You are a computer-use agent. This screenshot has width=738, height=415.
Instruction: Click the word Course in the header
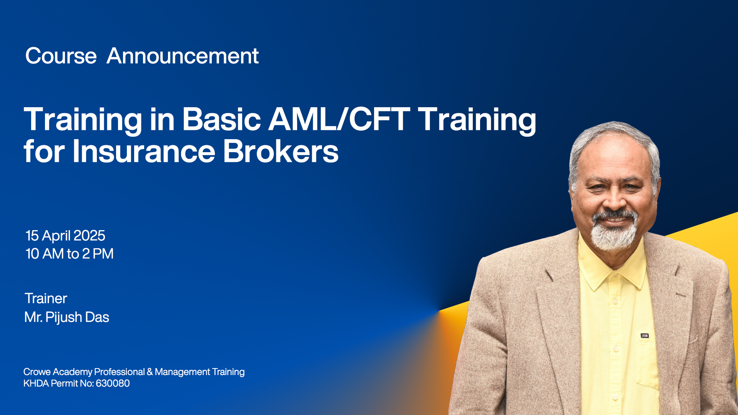[61, 56]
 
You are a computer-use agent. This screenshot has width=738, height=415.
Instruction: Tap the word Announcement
[183, 56]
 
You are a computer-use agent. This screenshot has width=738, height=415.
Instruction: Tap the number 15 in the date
[32, 236]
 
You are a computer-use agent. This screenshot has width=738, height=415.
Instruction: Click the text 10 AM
[45, 254]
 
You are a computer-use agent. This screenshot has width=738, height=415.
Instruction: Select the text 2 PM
[98, 254]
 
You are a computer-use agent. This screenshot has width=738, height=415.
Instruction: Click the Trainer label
[46, 299]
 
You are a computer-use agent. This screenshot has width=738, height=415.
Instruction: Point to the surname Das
[97, 317]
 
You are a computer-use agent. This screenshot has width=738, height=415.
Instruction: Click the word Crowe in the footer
[37, 372]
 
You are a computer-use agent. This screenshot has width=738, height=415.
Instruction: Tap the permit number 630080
[113, 383]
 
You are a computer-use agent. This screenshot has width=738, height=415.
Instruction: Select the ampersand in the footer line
[150, 372]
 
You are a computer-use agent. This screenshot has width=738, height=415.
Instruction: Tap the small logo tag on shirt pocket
[645, 336]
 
